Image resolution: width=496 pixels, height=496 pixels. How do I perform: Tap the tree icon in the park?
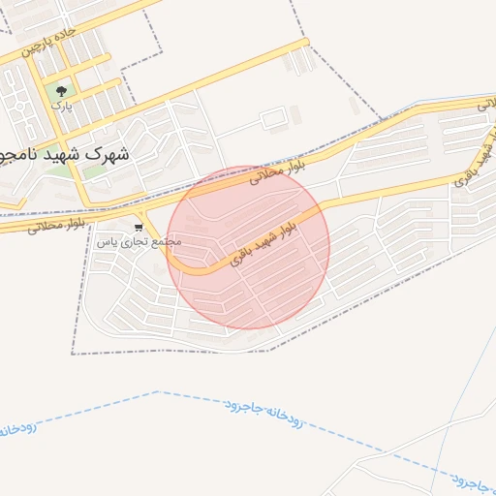coord(61,89)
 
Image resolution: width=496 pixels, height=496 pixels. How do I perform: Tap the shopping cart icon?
coord(138,228)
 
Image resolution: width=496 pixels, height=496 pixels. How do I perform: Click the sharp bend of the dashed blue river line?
coord(158,392)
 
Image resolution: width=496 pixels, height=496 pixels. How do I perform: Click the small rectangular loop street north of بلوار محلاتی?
coord(273,119)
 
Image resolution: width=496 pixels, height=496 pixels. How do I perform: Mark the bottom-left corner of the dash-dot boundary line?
coord(73,353)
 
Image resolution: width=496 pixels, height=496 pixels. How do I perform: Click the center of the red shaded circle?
coord(248,248)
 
